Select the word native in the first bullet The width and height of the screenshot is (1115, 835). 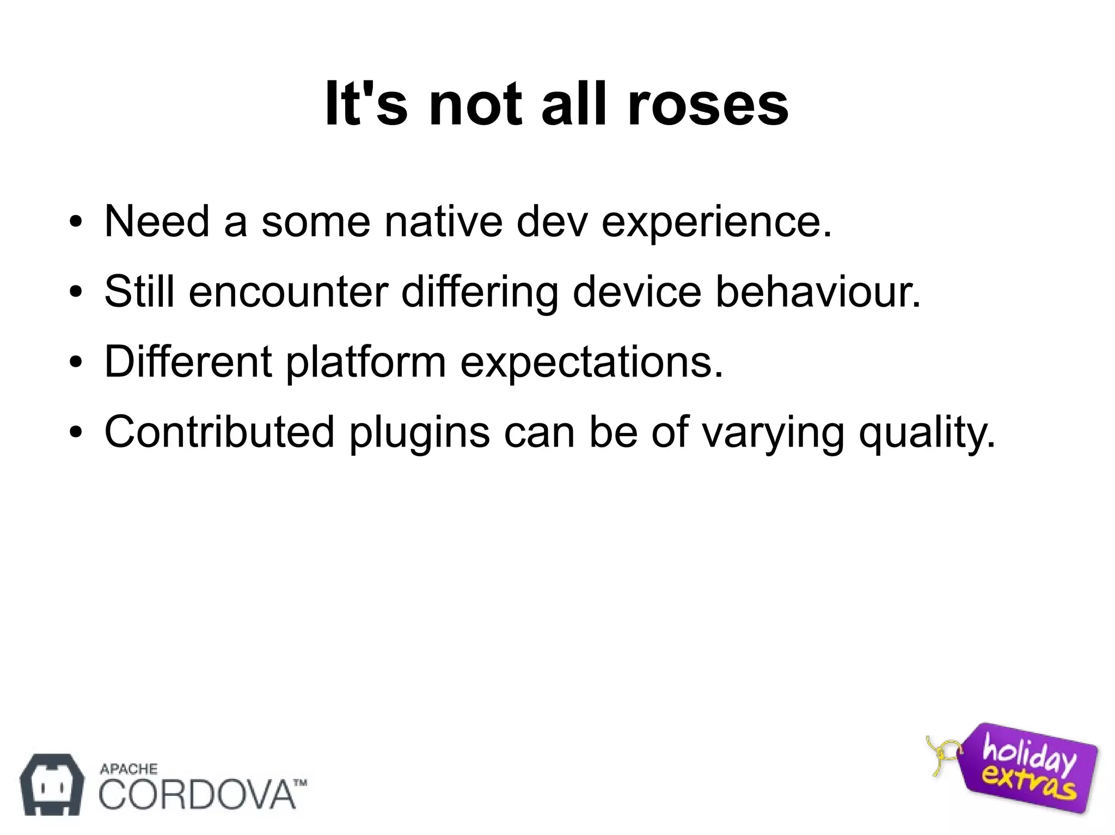[x=443, y=221]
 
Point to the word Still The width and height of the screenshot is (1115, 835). [x=140, y=292]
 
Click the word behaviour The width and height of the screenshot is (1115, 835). [x=817, y=292]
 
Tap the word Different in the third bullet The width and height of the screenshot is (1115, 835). [x=188, y=362]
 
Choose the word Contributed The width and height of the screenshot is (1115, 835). [x=219, y=432]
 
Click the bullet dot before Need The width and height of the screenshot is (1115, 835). [x=76, y=223]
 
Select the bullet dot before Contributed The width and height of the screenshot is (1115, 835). [x=76, y=434]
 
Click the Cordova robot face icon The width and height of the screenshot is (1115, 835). [x=52, y=784]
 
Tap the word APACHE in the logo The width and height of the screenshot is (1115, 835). [x=129, y=769]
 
